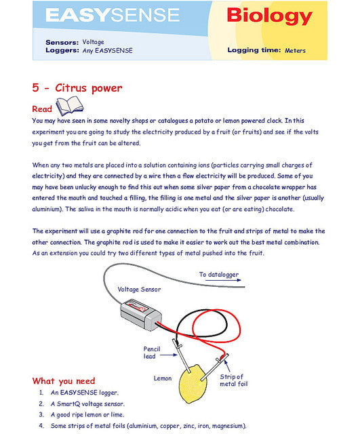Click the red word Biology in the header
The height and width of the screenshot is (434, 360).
270,16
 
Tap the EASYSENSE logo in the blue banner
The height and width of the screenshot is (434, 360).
113,15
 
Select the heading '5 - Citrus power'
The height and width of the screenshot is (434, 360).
77,88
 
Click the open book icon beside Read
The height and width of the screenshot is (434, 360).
69,105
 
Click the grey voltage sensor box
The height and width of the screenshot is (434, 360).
141,315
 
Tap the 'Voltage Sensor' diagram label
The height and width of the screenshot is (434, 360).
139,290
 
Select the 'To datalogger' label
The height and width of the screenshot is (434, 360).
219,275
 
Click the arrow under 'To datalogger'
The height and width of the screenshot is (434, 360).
223,280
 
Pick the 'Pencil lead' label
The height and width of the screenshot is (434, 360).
152,353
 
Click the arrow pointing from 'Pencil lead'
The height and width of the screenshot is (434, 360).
168,355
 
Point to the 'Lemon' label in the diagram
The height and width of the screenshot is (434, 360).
163,378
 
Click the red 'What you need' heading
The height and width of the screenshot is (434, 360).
64,381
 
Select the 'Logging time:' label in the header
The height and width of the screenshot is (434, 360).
254,50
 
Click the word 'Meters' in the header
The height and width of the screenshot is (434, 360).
295,50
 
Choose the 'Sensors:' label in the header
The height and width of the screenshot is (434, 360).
62,42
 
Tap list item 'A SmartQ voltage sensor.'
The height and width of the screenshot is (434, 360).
87,404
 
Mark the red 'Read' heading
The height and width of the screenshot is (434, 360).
42,109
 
